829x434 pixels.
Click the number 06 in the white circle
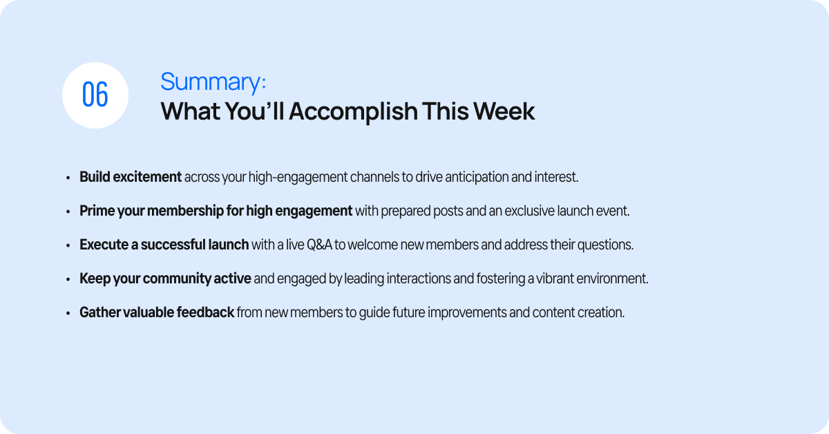pyautogui.click(x=95, y=95)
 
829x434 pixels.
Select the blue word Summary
pyautogui.click(x=211, y=82)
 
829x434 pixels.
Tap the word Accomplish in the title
pyautogui.click(x=353, y=111)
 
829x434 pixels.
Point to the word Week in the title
pyautogui.click(x=504, y=111)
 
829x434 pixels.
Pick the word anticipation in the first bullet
pyautogui.click(x=477, y=178)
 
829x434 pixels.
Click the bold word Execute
pyautogui.click(x=104, y=245)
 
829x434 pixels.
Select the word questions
pyautogui.click(x=605, y=245)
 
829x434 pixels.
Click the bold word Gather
pyautogui.click(x=100, y=312)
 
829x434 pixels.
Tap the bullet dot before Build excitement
pyautogui.click(x=68, y=178)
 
